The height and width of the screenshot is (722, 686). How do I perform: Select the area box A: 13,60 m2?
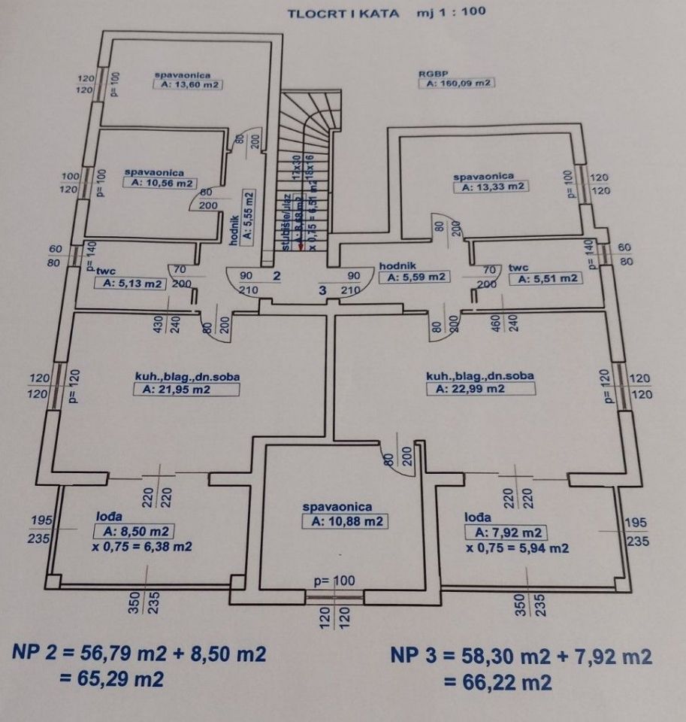coord(187,86)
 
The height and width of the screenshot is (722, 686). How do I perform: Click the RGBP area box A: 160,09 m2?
coord(455,83)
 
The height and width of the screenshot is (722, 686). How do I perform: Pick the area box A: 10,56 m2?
coord(160,183)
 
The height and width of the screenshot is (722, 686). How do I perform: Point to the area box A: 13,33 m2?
coord(492,187)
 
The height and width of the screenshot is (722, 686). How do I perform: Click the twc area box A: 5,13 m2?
coord(129,284)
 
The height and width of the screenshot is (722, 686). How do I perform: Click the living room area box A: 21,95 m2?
coord(186,390)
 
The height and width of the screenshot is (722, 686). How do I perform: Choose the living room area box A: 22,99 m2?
coord(480,388)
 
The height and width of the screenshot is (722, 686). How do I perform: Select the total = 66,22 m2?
coord(497,682)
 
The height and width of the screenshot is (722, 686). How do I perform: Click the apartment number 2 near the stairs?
coord(277,275)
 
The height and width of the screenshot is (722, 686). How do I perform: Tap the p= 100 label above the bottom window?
coord(334,581)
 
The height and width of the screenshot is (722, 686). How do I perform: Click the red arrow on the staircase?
coord(301,242)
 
